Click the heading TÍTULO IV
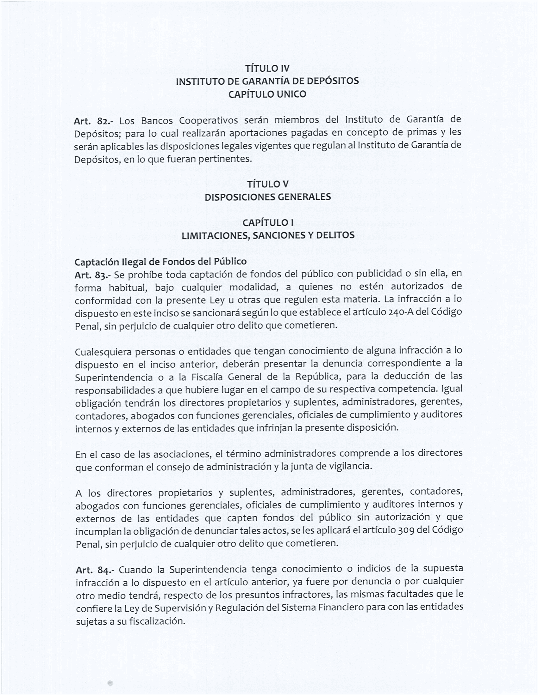coord(267,69)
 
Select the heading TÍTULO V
coord(267,184)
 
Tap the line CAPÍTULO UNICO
coord(267,94)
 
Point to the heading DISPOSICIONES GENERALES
coord(267,197)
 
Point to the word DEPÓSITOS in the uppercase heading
coord(333,81)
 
